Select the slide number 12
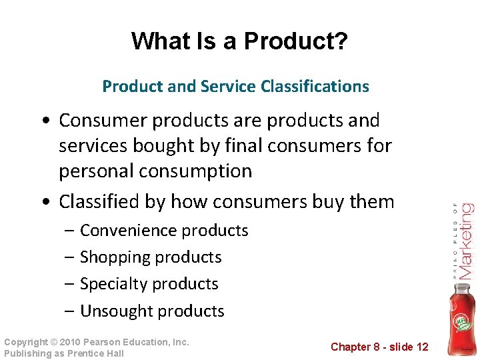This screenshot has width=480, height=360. click(x=421, y=347)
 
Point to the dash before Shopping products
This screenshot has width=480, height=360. click(x=70, y=257)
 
